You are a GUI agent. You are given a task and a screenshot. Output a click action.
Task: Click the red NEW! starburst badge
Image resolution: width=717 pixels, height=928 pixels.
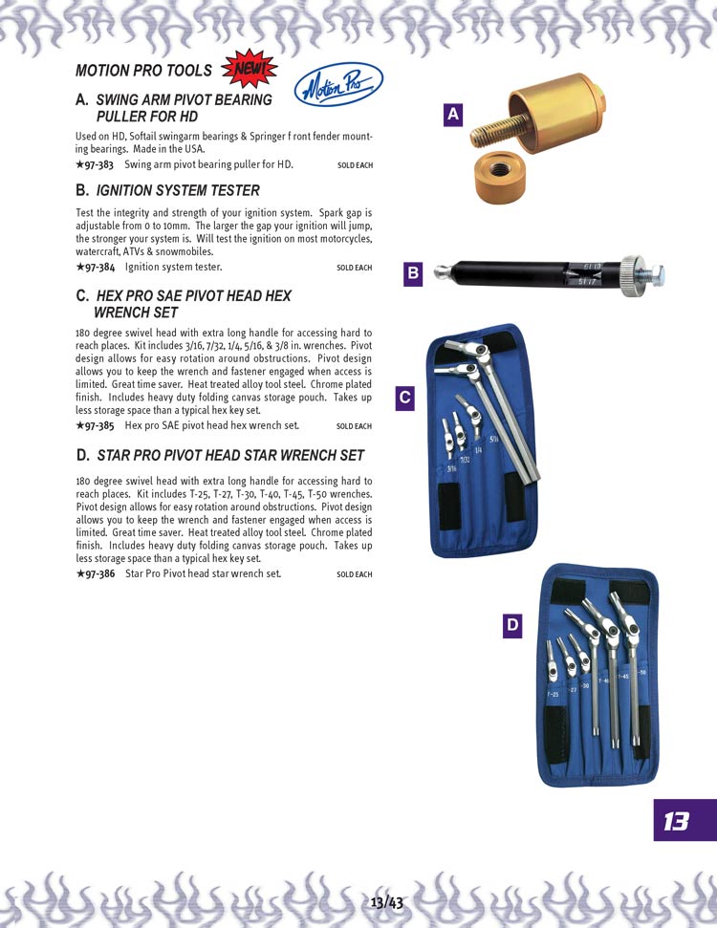249,69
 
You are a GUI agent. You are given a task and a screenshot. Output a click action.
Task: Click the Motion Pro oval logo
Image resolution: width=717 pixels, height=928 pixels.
338,85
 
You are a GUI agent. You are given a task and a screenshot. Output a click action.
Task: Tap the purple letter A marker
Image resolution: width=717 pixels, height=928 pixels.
453,115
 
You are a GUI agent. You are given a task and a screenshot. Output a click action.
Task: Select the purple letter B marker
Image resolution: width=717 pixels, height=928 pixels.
413,273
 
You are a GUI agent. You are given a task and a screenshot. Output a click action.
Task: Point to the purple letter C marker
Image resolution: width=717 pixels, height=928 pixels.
404,398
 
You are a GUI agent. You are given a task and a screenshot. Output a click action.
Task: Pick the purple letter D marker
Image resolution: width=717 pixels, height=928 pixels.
512,626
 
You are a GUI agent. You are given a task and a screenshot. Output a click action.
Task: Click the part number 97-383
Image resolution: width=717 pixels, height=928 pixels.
95,164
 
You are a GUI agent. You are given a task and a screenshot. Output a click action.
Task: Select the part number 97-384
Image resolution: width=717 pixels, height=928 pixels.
96,267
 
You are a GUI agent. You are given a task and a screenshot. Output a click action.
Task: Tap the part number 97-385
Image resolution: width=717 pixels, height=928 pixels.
95,425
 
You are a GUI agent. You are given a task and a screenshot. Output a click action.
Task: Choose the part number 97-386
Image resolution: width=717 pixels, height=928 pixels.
96,573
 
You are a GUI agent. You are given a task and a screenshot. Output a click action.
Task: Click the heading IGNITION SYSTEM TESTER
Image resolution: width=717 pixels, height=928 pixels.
178,190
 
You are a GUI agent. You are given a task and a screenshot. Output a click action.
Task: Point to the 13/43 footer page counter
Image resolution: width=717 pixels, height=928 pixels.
386,903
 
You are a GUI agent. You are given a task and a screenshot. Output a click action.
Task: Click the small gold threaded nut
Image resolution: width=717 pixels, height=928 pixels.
500,177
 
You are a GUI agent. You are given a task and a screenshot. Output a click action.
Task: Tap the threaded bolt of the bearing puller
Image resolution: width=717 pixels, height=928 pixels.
498,131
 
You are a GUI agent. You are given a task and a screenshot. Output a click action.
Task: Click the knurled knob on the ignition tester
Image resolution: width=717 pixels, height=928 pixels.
632,273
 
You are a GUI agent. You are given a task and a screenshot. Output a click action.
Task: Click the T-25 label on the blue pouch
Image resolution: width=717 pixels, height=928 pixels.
552,694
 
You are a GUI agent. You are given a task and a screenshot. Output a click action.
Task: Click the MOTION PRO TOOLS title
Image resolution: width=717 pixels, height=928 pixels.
143,71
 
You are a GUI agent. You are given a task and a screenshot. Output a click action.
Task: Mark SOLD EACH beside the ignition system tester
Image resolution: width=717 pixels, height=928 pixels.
355,268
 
